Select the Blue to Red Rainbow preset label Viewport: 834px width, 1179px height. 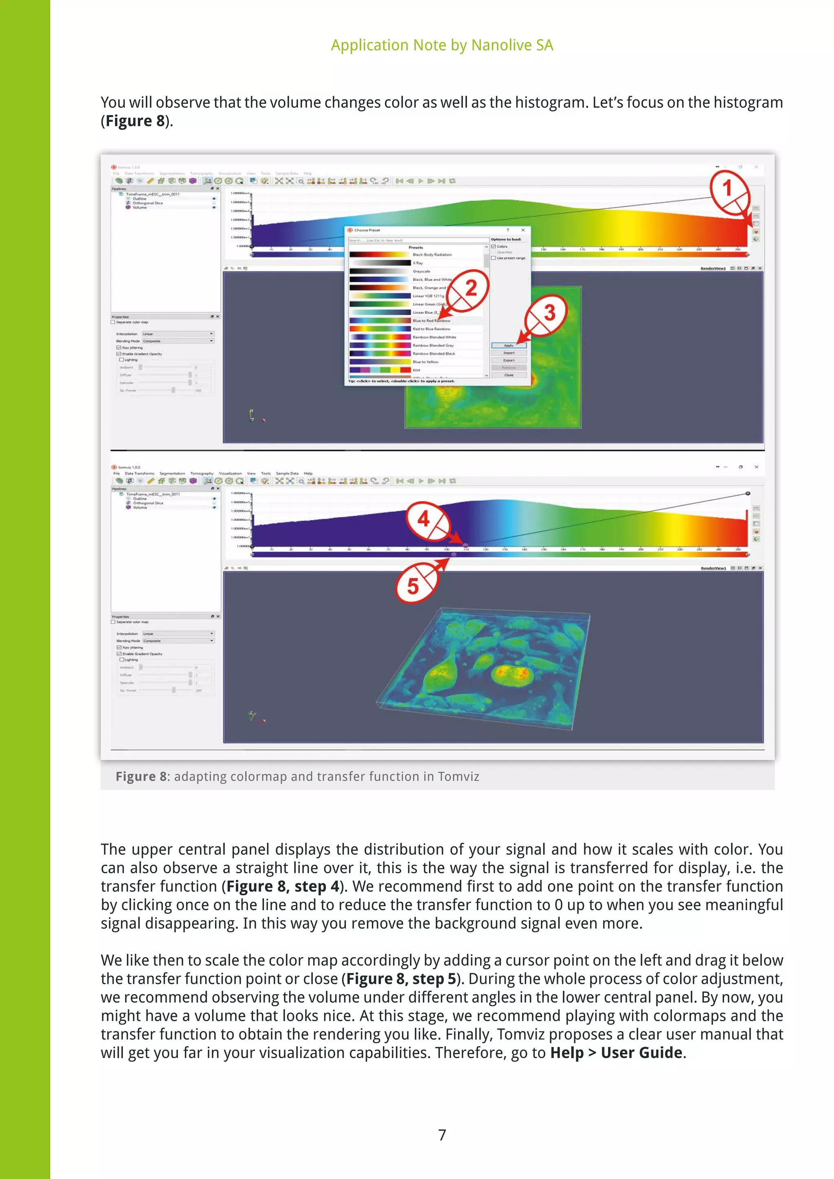point(431,320)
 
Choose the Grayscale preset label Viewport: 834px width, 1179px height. point(421,271)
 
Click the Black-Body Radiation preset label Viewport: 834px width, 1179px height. point(432,255)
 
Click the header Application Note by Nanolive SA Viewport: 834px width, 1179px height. point(442,45)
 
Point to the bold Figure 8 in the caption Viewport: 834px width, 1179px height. point(141,776)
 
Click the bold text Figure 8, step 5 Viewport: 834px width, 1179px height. point(401,978)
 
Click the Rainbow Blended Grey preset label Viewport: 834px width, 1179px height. point(433,345)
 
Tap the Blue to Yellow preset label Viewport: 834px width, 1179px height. point(425,362)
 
